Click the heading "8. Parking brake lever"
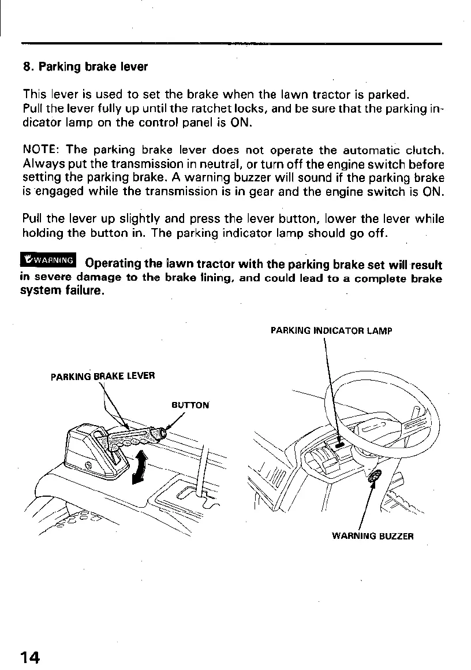(x=85, y=67)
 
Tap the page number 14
(x=30, y=657)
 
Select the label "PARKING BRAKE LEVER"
(x=103, y=377)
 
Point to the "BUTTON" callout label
(x=190, y=405)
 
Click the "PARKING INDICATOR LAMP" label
(x=331, y=332)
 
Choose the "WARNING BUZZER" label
(x=373, y=536)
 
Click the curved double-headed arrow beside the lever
(x=139, y=467)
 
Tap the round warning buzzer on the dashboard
(x=372, y=477)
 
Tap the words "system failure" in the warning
(x=63, y=291)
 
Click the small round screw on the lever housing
(x=88, y=466)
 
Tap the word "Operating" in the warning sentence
(x=113, y=265)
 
